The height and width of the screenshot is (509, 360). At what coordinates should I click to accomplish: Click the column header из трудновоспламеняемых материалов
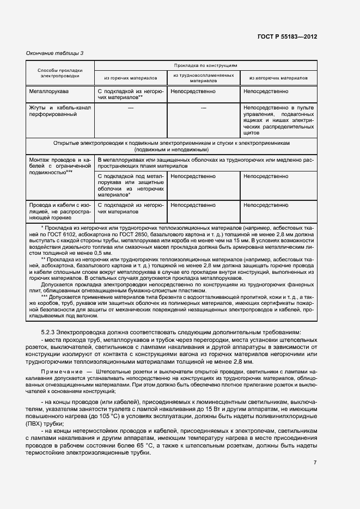coord(204,77)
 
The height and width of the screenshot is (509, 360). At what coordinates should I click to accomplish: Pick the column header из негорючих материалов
coord(278,78)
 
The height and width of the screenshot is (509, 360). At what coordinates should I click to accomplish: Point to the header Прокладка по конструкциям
coord(205,65)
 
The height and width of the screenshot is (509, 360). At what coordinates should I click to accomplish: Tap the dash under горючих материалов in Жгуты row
coord(130,108)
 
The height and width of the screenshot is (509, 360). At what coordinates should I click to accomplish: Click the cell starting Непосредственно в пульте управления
coord(278,120)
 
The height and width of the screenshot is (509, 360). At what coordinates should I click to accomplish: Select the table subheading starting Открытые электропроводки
coord(172,145)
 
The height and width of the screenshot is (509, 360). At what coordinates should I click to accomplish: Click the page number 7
coord(315,463)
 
